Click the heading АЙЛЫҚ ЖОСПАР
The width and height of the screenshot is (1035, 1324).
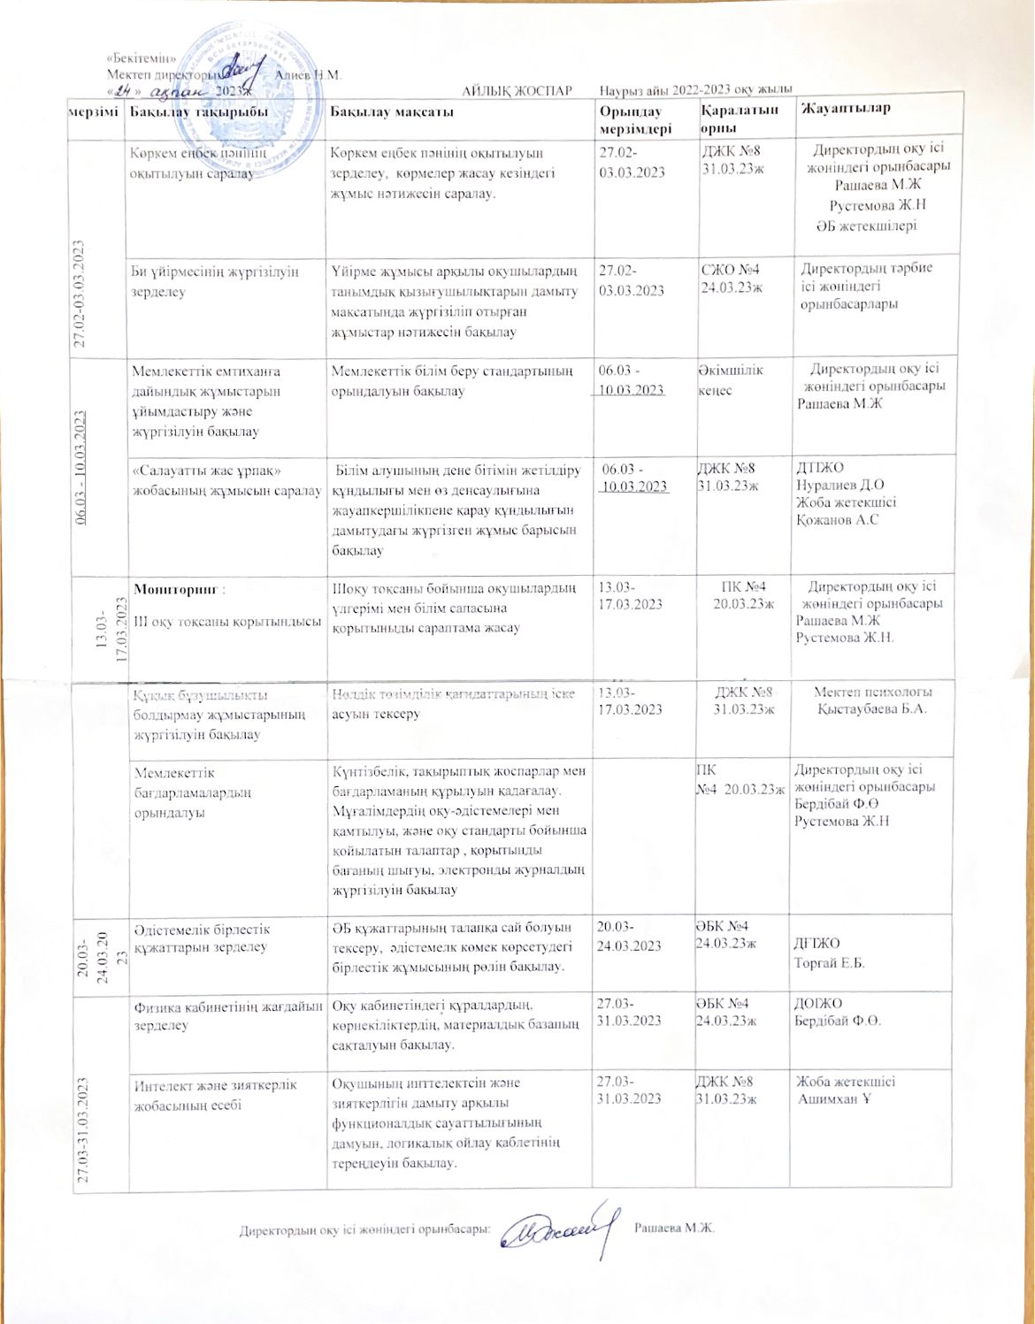click(517, 91)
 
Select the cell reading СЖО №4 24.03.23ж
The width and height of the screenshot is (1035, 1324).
click(731, 278)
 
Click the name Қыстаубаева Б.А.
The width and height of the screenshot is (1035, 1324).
click(872, 709)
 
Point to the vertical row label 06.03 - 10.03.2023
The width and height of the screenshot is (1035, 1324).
click(81, 468)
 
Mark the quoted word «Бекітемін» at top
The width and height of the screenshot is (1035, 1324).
click(136, 57)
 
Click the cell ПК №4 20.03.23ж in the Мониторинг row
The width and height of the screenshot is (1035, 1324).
click(743, 594)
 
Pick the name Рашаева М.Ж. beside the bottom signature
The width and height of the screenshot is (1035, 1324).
click(674, 1228)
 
